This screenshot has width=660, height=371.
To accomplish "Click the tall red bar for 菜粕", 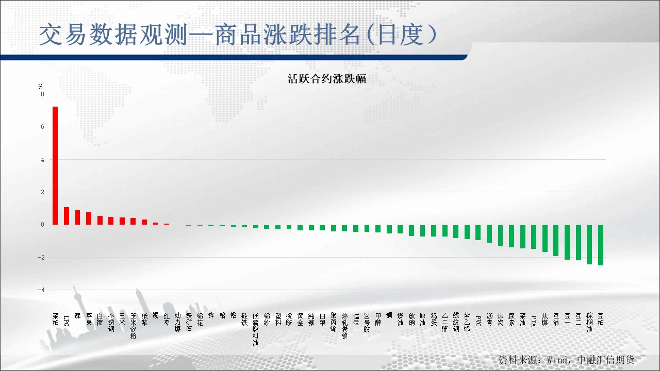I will pyautogui.click(x=55, y=165).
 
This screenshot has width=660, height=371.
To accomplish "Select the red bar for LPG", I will pyautogui.click(x=66, y=216).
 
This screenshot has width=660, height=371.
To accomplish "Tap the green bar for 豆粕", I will pyautogui.click(x=601, y=245).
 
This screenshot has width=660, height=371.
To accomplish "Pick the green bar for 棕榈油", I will pyautogui.click(x=589, y=244).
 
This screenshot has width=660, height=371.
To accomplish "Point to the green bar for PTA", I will pyautogui.click(x=534, y=237).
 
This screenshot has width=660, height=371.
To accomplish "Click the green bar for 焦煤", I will pyautogui.click(x=545, y=238).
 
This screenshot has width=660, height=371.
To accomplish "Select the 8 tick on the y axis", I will pyautogui.click(x=42, y=94).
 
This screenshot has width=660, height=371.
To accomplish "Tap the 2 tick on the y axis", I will pyautogui.click(x=42, y=192).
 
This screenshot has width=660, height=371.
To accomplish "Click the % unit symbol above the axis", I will pyautogui.click(x=41, y=86).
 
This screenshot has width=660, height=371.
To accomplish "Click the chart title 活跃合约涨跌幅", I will pyautogui.click(x=326, y=79).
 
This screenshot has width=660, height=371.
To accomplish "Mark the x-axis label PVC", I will pyautogui.click(x=478, y=320).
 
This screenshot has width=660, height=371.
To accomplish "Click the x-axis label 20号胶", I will pyautogui.click(x=367, y=323).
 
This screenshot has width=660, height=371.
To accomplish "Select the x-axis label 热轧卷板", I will pyautogui.click(x=344, y=326).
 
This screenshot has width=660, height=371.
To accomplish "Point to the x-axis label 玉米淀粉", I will pyautogui.click(x=133, y=326).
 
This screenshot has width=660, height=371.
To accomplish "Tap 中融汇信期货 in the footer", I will pyautogui.click(x=606, y=359).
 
